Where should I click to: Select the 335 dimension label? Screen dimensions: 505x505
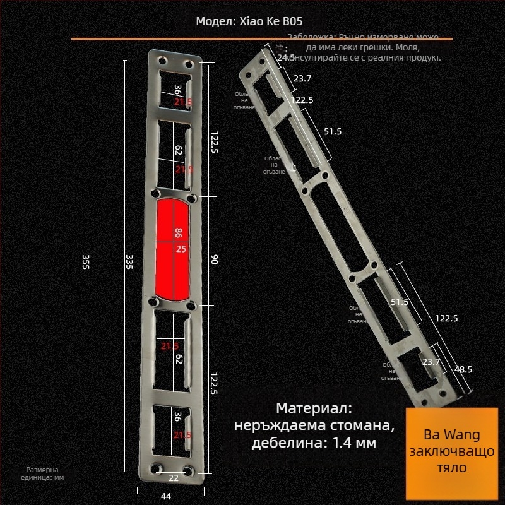click(x=129, y=261)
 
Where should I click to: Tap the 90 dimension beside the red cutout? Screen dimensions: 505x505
click(x=213, y=259)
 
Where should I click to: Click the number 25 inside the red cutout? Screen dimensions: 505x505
click(x=181, y=249)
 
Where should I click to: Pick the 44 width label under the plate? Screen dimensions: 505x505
click(x=166, y=496)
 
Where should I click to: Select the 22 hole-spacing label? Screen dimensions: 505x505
click(x=173, y=477)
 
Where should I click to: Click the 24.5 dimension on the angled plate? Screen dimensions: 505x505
click(x=286, y=57)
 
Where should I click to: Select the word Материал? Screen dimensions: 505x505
click(x=313, y=408)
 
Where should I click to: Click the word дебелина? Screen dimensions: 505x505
click(x=285, y=443)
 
